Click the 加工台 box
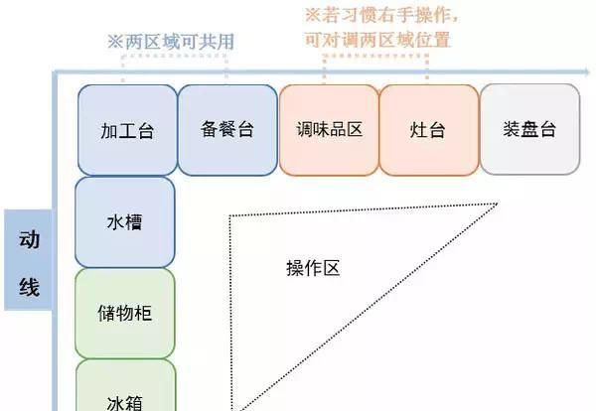point(127,130)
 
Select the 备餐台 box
point(227,130)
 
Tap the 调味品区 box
point(329,130)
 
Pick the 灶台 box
point(429,130)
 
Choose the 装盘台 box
point(529,130)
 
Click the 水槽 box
point(125,221)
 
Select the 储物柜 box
point(125,313)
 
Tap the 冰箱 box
point(125,392)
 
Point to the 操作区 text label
point(313,269)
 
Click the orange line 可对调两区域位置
point(377,40)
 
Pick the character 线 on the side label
point(29,289)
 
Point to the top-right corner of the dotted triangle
point(499,205)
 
